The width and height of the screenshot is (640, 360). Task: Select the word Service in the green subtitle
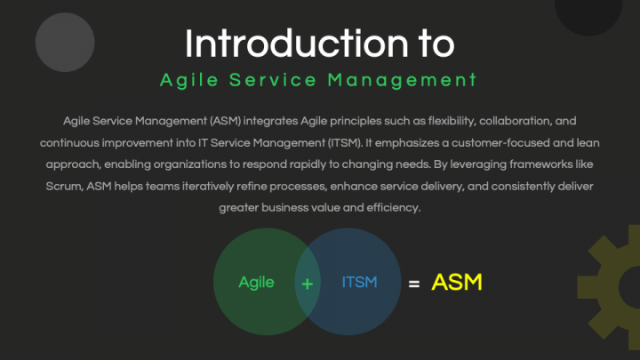[274, 80]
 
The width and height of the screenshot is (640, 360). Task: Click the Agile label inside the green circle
[256, 283]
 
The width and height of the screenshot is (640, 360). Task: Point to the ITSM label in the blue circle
[359, 283]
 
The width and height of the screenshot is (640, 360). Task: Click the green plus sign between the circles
[308, 284]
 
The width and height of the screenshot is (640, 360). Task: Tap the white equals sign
[412, 284]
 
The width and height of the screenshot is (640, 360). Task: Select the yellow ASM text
[456, 283]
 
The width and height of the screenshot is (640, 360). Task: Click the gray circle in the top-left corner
[65, 41]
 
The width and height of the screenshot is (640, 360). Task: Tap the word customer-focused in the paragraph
[521, 142]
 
